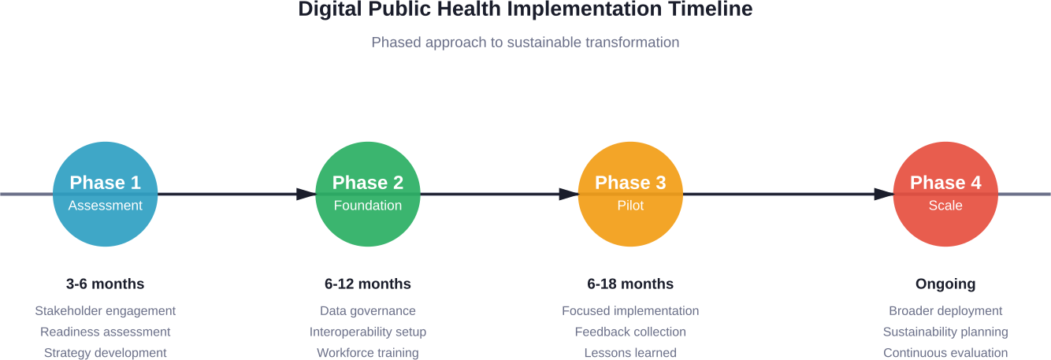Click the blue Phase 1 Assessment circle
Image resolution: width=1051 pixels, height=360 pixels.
coord(105,194)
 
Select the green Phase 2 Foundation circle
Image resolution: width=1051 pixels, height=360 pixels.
coord(367,194)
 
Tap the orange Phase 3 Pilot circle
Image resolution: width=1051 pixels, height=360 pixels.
coord(630,194)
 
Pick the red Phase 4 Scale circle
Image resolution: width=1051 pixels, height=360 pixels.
coord(945,194)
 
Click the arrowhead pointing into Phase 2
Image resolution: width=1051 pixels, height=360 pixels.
coord(306,194)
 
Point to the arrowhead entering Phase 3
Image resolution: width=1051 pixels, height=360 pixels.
coord(569,194)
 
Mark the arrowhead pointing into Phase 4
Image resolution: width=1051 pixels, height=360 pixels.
coord(884,194)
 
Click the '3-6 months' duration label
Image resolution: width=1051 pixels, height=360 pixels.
coord(105,284)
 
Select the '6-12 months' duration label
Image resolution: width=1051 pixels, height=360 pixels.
coord(367,284)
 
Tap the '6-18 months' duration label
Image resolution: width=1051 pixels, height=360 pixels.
coord(630,284)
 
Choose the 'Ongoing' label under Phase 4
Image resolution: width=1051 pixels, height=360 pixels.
coord(945,284)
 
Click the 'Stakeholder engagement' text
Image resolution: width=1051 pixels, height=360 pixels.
coord(105,311)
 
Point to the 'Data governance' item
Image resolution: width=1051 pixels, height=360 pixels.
coord(367,311)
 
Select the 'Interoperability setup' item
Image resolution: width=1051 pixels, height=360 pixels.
coord(367,332)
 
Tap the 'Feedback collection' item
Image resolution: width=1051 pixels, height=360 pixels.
coord(630,332)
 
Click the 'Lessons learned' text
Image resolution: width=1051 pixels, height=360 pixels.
coord(630,353)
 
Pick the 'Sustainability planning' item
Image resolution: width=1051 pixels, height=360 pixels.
coord(945,332)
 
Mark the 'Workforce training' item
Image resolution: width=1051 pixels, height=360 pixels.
coord(367,353)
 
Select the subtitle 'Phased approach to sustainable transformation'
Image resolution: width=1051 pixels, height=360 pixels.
coord(525,42)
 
